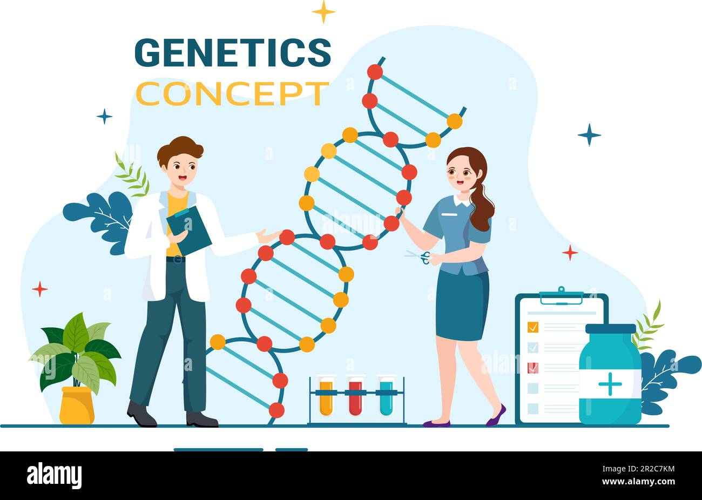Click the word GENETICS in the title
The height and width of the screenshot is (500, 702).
[x=232, y=52]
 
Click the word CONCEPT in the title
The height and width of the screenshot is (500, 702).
[x=232, y=93]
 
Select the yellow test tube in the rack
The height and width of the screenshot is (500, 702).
[x=326, y=398]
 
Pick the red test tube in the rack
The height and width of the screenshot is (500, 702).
[x=355, y=398]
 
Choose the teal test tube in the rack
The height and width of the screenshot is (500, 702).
[x=386, y=398]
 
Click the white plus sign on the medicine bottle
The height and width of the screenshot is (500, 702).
[x=610, y=384]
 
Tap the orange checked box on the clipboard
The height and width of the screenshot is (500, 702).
[x=532, y=327]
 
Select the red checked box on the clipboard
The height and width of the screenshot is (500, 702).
[x=532, y=367]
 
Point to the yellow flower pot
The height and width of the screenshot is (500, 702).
[x=77, y=405]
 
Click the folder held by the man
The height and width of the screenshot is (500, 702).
[x=189, y=229]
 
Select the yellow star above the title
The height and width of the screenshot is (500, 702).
[x=323, y=11]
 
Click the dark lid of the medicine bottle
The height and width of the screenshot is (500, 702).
[x=610, y=328]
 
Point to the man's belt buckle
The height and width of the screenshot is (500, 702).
[x=176, y=260]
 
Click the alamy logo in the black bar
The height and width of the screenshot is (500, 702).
[x=54, y=476]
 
